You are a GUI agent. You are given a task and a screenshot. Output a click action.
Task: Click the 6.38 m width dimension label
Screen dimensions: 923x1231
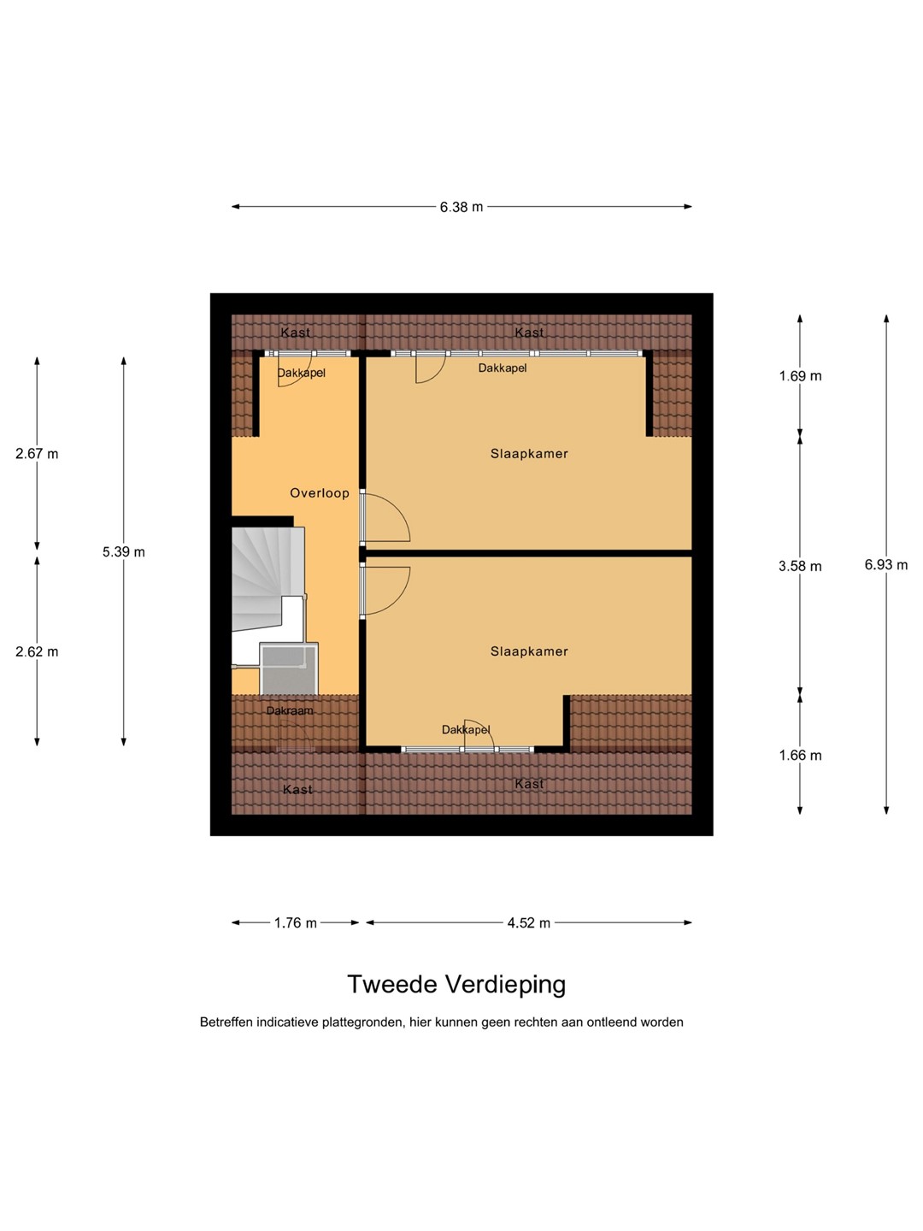click(461, 207)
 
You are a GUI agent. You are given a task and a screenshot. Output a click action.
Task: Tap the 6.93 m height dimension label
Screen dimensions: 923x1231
click(885, 565)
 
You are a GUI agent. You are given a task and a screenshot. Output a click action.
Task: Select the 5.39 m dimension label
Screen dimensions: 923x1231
click(123, 552)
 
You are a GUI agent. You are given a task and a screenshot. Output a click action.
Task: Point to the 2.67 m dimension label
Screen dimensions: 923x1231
click(37, 454)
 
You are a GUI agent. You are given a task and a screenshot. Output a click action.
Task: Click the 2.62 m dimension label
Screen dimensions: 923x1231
click(37, 651)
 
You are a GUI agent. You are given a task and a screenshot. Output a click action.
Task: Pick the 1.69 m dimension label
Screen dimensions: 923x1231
click(800, 376)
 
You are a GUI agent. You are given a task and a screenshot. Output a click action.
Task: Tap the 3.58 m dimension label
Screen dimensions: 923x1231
click(800, 567)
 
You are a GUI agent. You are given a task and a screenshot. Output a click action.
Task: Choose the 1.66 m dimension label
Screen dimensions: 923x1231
click(800, 756)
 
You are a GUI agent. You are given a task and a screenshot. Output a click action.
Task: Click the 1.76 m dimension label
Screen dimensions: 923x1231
click(296, 922)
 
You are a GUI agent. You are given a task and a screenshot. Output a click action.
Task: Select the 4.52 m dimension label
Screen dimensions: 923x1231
click(528, 922)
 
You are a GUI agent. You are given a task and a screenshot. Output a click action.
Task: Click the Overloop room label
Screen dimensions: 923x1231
click(320, 493)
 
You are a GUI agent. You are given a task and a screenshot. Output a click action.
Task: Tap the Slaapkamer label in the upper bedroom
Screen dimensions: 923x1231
click(529, 454)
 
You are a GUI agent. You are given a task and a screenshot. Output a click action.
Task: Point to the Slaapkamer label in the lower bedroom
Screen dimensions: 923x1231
click(529, 651)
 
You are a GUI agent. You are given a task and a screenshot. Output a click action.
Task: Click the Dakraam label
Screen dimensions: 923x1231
click(290, 710)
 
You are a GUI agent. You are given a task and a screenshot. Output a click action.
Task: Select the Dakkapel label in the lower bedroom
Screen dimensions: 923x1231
click(466, 730)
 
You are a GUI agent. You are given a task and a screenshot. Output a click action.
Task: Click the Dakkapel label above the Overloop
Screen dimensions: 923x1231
click(302, 373)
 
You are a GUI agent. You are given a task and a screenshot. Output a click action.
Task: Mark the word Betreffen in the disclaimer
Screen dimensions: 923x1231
click(226, 1022)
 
